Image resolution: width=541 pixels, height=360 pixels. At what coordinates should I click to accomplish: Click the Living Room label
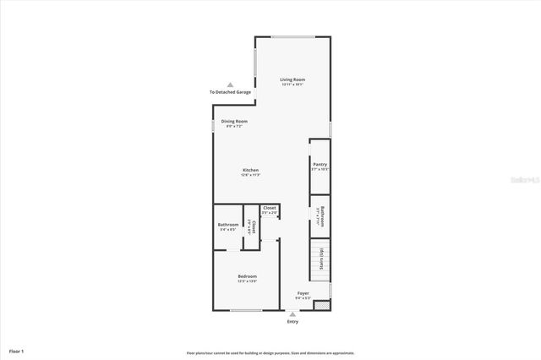click(292, 80)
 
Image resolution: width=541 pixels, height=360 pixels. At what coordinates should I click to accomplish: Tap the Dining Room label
click(234, 122)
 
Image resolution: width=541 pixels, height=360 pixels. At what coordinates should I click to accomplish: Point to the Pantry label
click(320, 165)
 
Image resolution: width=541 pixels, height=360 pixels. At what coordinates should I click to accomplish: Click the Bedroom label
click(247, 276)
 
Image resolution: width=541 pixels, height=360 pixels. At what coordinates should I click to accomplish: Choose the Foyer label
click(303, 293)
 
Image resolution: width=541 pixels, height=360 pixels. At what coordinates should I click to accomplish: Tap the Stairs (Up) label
click(320, 258)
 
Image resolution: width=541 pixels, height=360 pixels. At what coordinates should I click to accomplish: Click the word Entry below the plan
click(292, 321)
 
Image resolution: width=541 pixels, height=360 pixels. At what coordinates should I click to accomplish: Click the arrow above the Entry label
click(292, 314)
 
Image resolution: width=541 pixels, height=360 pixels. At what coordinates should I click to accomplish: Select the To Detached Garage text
click(230, 92)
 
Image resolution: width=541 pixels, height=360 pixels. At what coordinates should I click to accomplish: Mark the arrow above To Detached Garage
click(229, 84)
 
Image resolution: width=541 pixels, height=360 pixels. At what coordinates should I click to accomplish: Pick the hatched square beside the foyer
click(320, 303)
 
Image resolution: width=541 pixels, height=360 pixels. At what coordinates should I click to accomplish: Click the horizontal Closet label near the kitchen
click(269, 208)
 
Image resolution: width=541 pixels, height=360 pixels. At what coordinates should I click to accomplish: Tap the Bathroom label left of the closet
click(228, 224)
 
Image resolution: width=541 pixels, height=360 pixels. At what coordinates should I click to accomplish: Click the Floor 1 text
click(17, 350)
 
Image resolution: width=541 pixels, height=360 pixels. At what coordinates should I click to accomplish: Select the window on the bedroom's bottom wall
click(246, 310)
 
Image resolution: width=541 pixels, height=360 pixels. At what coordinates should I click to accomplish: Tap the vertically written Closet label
click(250, 227)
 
